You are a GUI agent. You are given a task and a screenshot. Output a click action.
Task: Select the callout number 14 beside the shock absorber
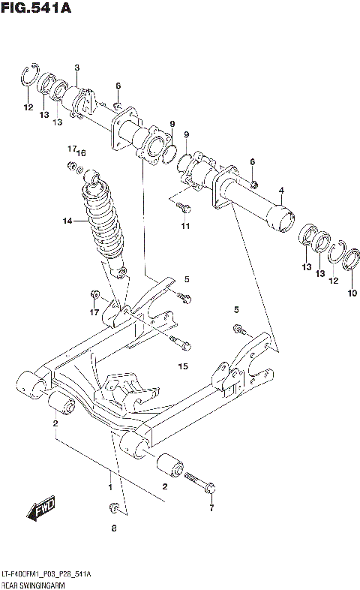(x=67, y=221)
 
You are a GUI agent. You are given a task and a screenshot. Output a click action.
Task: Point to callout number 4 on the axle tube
(x=281, y=191)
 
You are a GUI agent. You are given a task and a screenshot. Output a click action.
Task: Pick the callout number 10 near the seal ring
(x=352, y=293)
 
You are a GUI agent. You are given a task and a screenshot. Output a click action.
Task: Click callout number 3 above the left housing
(x=76, y=69)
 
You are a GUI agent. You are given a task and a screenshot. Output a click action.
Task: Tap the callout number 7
(x=211, y=508)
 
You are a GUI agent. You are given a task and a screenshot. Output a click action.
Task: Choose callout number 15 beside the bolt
(x=181, y=366)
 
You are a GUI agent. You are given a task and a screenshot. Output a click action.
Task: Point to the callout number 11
(x=185, y=226)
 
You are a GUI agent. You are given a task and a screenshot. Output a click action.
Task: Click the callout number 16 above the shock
(x=82, y=153)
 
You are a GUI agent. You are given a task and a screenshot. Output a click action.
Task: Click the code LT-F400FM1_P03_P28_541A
(x=46, y=573)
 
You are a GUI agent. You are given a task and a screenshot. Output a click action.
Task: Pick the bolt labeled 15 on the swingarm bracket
(x=180, y=345)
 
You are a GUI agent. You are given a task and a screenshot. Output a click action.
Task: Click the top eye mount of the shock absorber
(x=92, y=176)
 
